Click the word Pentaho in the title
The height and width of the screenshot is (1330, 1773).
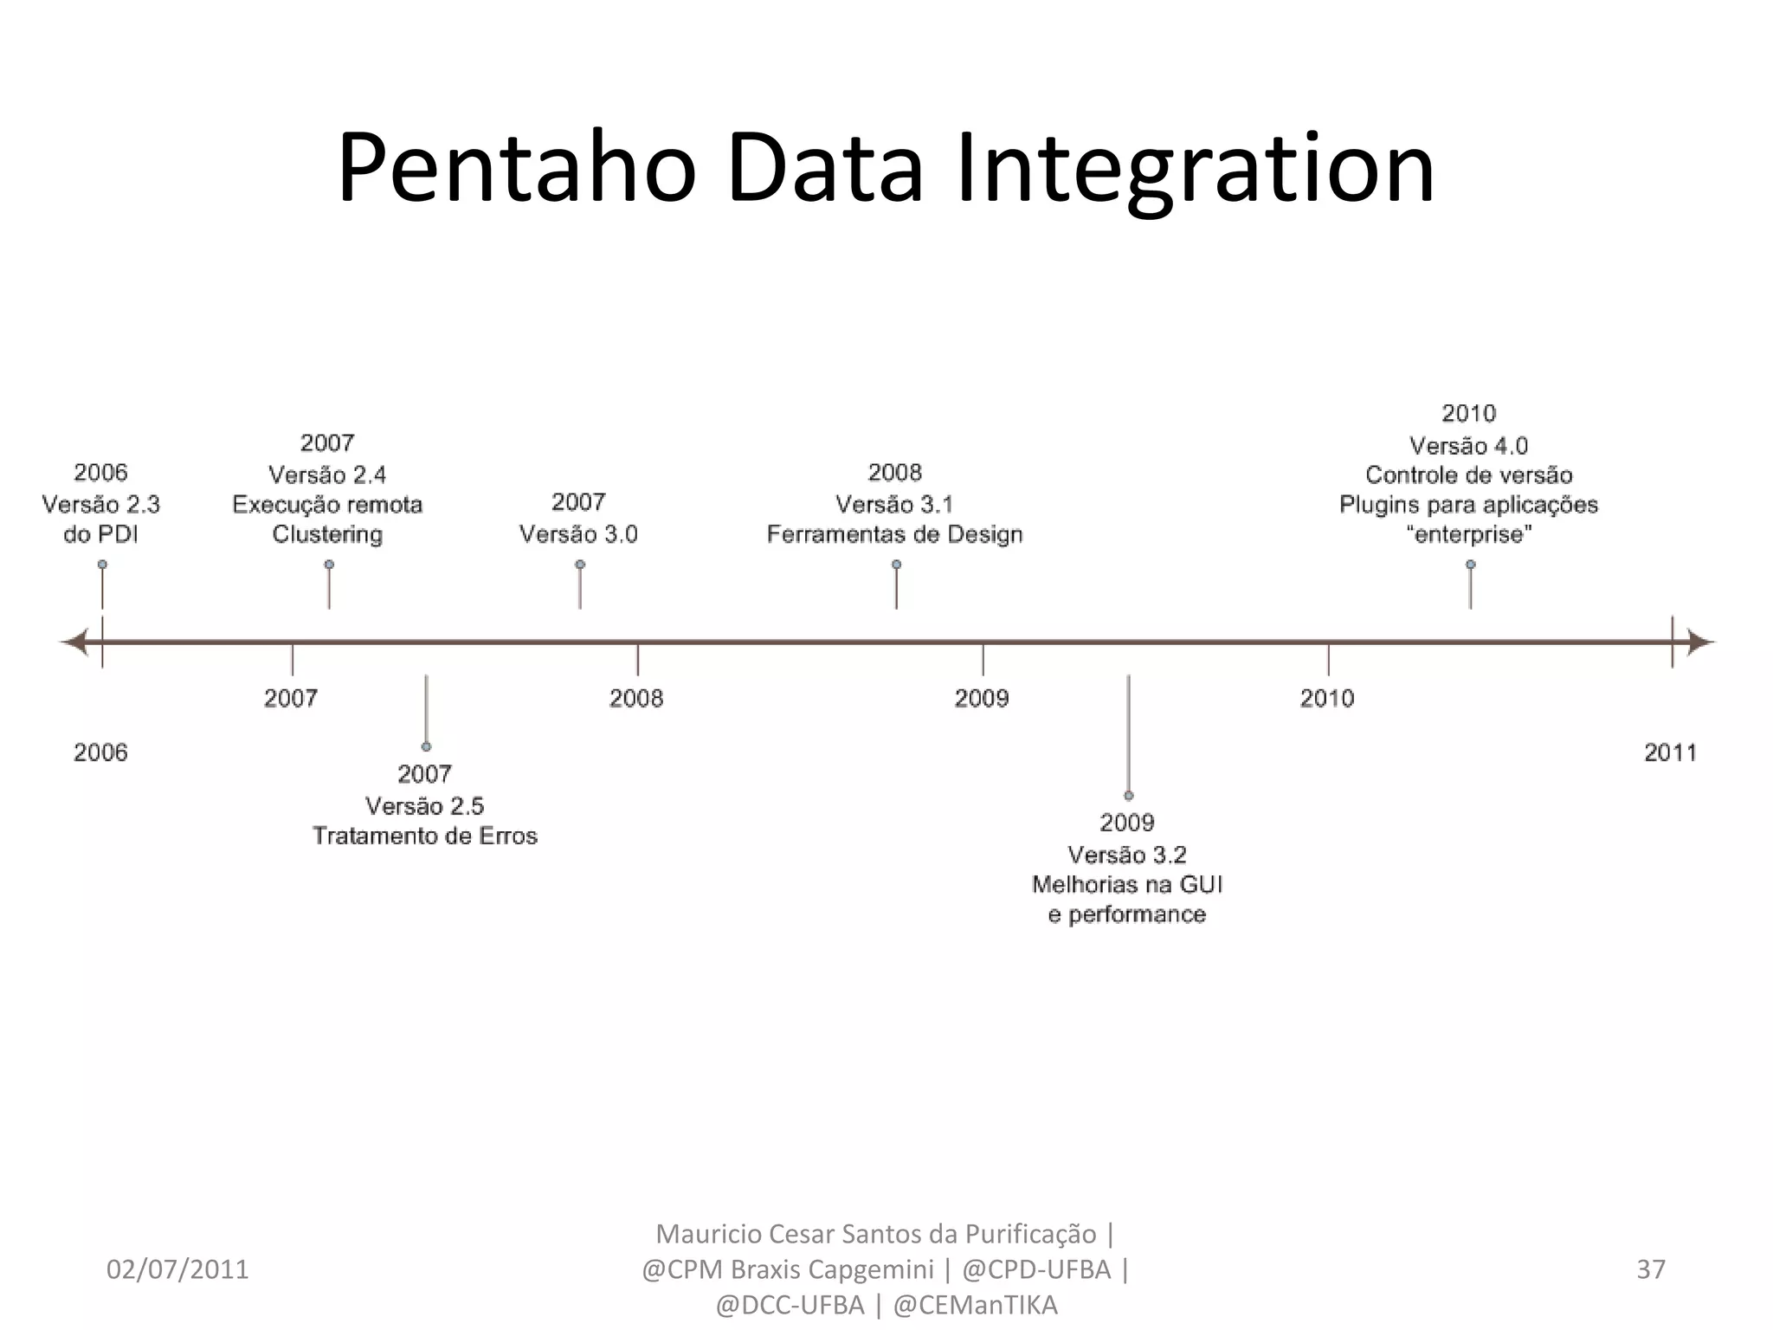tap(517, 169)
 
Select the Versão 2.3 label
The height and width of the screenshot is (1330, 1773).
tap(101, 504)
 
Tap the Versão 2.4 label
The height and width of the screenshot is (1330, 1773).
tap(327, 475)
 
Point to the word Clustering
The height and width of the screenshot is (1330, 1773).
tap(327, 534)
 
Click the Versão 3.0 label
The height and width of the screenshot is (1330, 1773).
tap(578, 534)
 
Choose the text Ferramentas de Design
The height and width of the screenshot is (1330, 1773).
tap(895, 534)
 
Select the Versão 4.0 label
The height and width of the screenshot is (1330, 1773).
tap(1468, 446)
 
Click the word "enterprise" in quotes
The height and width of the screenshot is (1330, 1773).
tap(1468, 534)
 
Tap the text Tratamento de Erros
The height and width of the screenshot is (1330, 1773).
tap(425, 836)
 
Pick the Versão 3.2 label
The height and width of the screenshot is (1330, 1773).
tap(1127, 855)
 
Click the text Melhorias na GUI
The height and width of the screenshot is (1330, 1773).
tap(1127, 884)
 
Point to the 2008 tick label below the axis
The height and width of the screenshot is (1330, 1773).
tap(636, 698)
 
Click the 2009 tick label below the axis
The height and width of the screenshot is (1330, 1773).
tap(982, 698)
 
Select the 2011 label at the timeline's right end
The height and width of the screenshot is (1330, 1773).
tap(1670, 752)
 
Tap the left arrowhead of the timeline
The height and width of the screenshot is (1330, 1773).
tap(73, 642)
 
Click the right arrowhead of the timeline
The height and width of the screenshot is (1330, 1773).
tap(1701, 642)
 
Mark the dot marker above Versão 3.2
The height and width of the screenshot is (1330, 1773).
tap(1129, 795)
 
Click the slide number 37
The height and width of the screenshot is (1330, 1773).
tap(1651, 1269)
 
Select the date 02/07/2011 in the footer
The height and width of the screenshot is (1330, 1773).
tap(177, 1269)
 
